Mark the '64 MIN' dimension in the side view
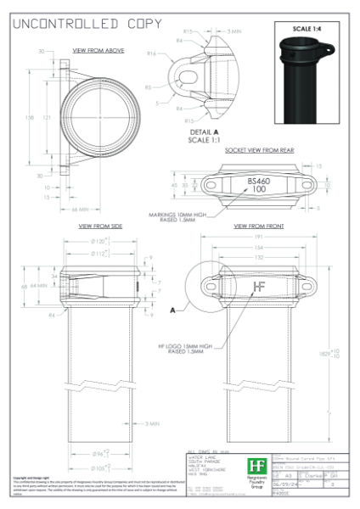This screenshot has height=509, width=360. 38,286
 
